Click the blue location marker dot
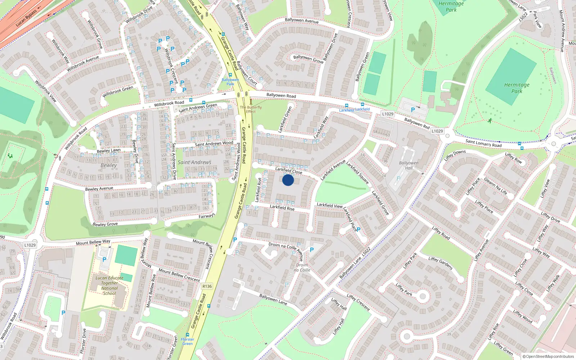pyautogui.click(x=288, y=180)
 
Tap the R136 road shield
pyautogui.click(x=207, y=286)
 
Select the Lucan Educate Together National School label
pyautogui.click(x=109, y=285)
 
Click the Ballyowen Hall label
pyautogui.click(x=409, y=165)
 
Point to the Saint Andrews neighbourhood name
pyautogui.click(x=194, y=162)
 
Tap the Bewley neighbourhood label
pyautogui.click(x=109, y=165)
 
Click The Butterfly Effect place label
pyautogui.click(x=251, y=109)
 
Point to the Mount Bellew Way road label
pyautogui.click(x=93, y=242)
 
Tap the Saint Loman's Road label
pyautogui.click(x=483, y=143)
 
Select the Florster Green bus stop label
pyautogui.click(x=187, y=341)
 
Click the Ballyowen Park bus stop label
pyautogui.click(x=230, y=82)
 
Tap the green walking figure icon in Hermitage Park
pyautogui.click(x=490, y=121)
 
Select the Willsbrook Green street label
pyautogui.click(x=118, y=92)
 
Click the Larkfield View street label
pyautogui.click(x=329, y=205)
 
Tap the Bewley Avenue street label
pyautogui.click(x=99, y=189)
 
